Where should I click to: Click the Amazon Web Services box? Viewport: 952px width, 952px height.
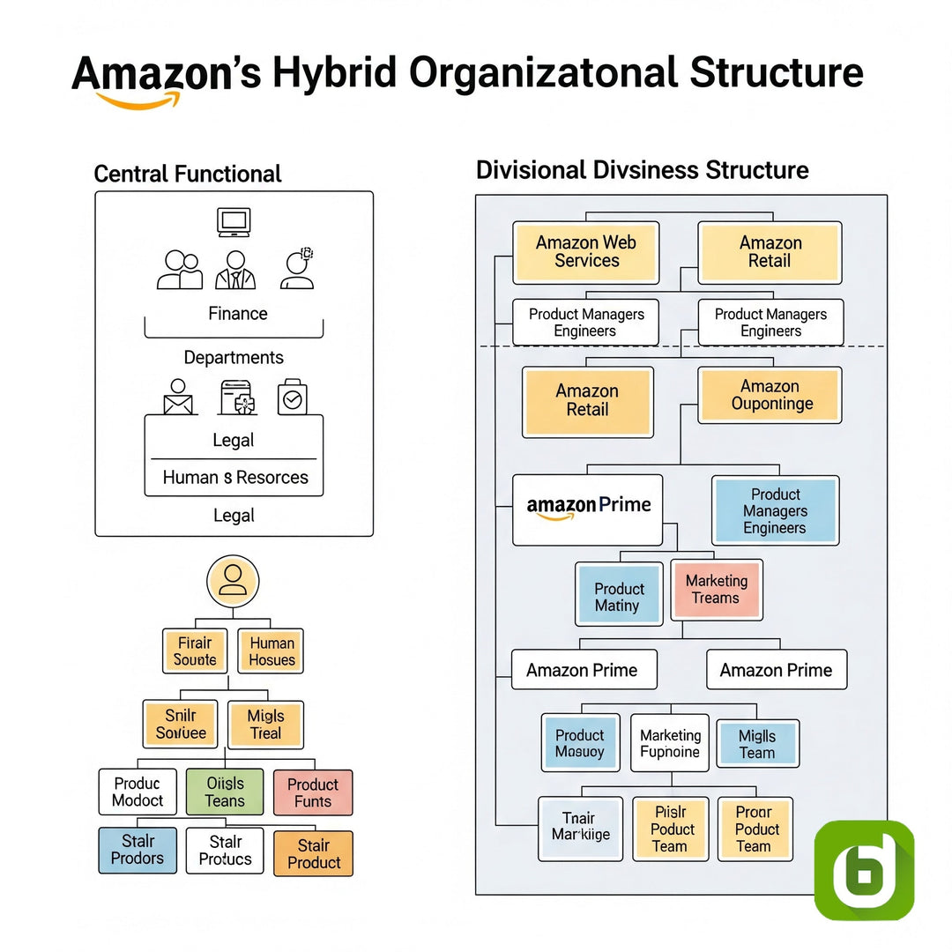586,252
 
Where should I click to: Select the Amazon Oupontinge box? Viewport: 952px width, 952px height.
770,396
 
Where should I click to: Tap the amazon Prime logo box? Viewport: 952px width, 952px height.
588,509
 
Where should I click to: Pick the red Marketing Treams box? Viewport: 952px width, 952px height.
716,590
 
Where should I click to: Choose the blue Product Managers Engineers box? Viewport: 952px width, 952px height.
775,511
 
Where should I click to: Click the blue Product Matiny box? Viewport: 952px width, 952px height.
618,597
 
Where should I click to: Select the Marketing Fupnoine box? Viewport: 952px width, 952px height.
670,743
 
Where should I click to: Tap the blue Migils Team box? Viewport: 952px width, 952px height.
757,744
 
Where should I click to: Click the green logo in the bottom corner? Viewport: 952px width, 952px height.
864,870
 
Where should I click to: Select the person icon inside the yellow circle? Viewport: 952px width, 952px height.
233,579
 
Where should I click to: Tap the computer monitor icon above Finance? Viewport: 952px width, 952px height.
234,221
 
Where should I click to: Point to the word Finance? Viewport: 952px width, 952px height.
238,314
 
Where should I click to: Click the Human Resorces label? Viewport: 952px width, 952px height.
235,478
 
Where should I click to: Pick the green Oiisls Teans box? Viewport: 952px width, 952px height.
225,792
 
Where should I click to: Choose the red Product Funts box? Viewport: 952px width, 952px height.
313,792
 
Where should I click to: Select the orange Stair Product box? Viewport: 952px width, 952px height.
313,853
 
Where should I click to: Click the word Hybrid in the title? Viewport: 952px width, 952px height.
334,73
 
